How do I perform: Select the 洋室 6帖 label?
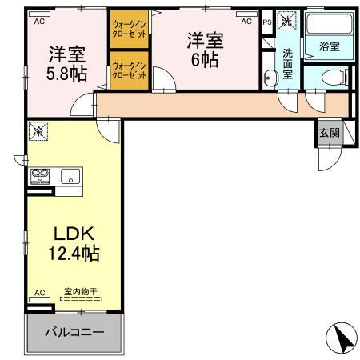(204, 50)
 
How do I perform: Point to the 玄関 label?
(328, 133)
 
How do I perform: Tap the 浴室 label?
(329, 47)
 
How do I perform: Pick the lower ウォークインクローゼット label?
(130, 70)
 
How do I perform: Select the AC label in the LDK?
(38, 293)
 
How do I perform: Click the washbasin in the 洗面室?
(270, 78)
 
